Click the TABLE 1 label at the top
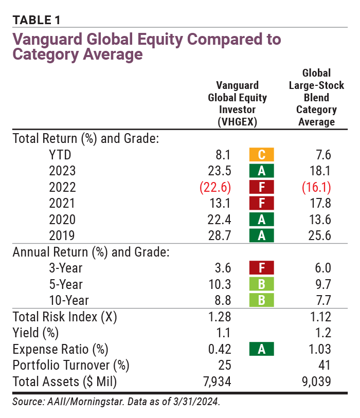coord(37,20)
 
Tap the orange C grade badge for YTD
coord(261,154)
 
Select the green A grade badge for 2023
coord(261,171)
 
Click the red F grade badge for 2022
coord(261,187)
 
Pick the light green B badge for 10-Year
coord(261,301)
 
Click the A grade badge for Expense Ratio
coord(261,350)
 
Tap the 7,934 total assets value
coord(215,382)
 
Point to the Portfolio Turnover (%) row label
coord(70,366)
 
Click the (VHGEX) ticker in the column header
coord(237,122)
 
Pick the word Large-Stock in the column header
coord(316,85)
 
